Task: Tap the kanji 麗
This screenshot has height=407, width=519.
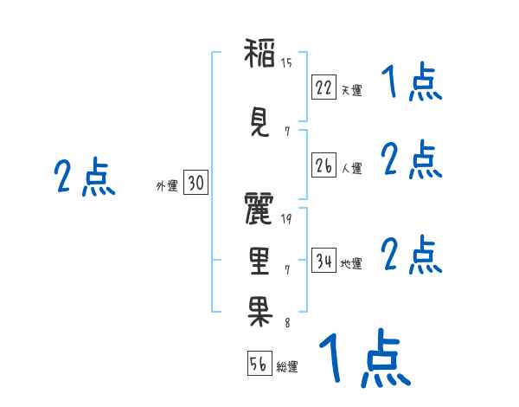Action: tap(259, 210)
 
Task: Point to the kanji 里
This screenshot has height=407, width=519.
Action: tap(259, 259)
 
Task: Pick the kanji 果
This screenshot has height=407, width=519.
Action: tap(259, 309)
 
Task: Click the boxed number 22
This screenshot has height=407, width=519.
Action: tap(324, 87)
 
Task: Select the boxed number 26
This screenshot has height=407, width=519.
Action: tap(324, 165)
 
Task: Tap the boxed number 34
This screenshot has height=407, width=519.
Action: tap(324, 261)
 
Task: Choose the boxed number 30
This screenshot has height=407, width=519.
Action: tap(195, 183)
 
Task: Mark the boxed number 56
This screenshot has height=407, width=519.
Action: tap(259, 365)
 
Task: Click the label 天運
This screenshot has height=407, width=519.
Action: tap(351, 89)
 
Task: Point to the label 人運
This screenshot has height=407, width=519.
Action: tap(351, 168)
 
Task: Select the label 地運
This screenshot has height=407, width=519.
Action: tap(351, 263)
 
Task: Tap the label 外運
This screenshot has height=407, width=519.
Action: tap(166, 185)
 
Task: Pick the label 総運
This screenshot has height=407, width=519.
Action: tap(287, 367)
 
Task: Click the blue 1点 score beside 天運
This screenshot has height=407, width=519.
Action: tap(411, 83)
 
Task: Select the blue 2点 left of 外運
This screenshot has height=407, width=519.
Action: tap(84, 178)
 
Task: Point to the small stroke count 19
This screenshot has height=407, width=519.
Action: tap(286, 218)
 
